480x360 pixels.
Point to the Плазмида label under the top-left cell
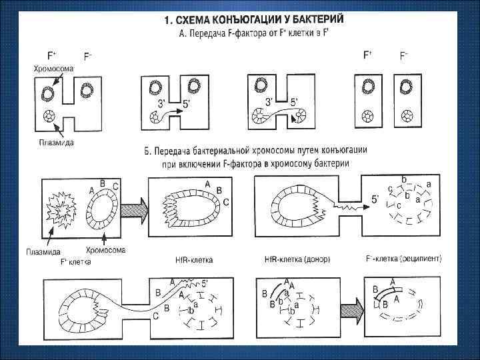pyautogui.click(x=55, y=143)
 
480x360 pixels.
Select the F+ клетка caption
pyautogui.click(x=76, y=261)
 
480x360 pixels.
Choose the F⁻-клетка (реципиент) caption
pyautogui.click(x=404, y=257)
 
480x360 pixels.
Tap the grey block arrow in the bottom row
pyautogui.click(x=350, y=310)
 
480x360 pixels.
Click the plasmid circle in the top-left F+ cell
pyautogui.click(x=49, y=115)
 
